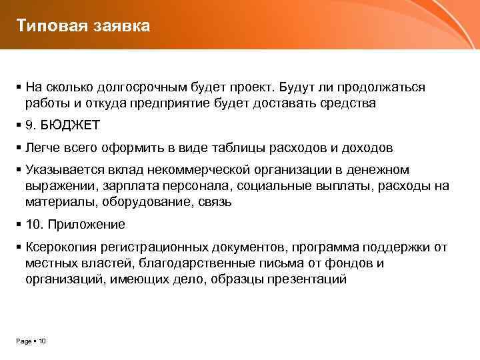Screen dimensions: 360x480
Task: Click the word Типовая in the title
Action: tap(46, 26)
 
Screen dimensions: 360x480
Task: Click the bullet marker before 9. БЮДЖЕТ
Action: tap(19, 125)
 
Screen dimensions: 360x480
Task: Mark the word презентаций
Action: tap(306, 279)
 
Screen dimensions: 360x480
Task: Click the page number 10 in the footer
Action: tap(42, 341)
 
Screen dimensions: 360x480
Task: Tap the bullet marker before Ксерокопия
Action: tap(19, 247)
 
